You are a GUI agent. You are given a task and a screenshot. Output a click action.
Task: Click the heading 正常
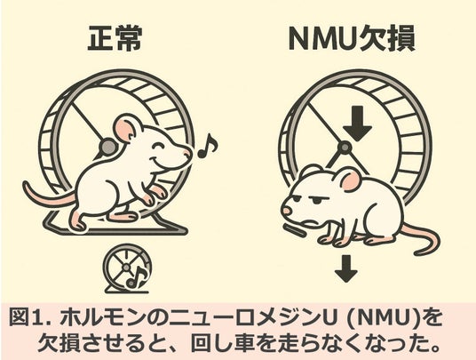tap(115, 39)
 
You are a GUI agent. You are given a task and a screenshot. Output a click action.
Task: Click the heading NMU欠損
tap(352, 39)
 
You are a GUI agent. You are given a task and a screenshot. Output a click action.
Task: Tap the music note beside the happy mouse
tap(208, 147)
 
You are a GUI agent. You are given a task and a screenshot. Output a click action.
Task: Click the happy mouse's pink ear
tap(123, 131)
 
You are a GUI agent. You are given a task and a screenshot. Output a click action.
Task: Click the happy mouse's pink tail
tap(50, 196)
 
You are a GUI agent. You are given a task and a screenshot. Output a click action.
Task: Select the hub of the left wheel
tap(108, 147)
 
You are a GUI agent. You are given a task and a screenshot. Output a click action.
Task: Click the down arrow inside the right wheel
tap(358, 124)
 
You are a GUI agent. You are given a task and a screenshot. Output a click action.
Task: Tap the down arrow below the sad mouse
tap(346, 268)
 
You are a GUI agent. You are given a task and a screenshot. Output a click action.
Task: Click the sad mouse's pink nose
tap(286, 211)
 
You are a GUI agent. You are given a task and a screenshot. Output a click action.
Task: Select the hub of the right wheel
tap(345, 148)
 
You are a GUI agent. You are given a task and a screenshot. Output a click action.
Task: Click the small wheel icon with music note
tap(127, 268)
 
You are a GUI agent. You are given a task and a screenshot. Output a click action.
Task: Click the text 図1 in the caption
tap(25, 317)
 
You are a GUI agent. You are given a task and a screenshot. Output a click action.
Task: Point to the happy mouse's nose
tap(188, 152)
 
